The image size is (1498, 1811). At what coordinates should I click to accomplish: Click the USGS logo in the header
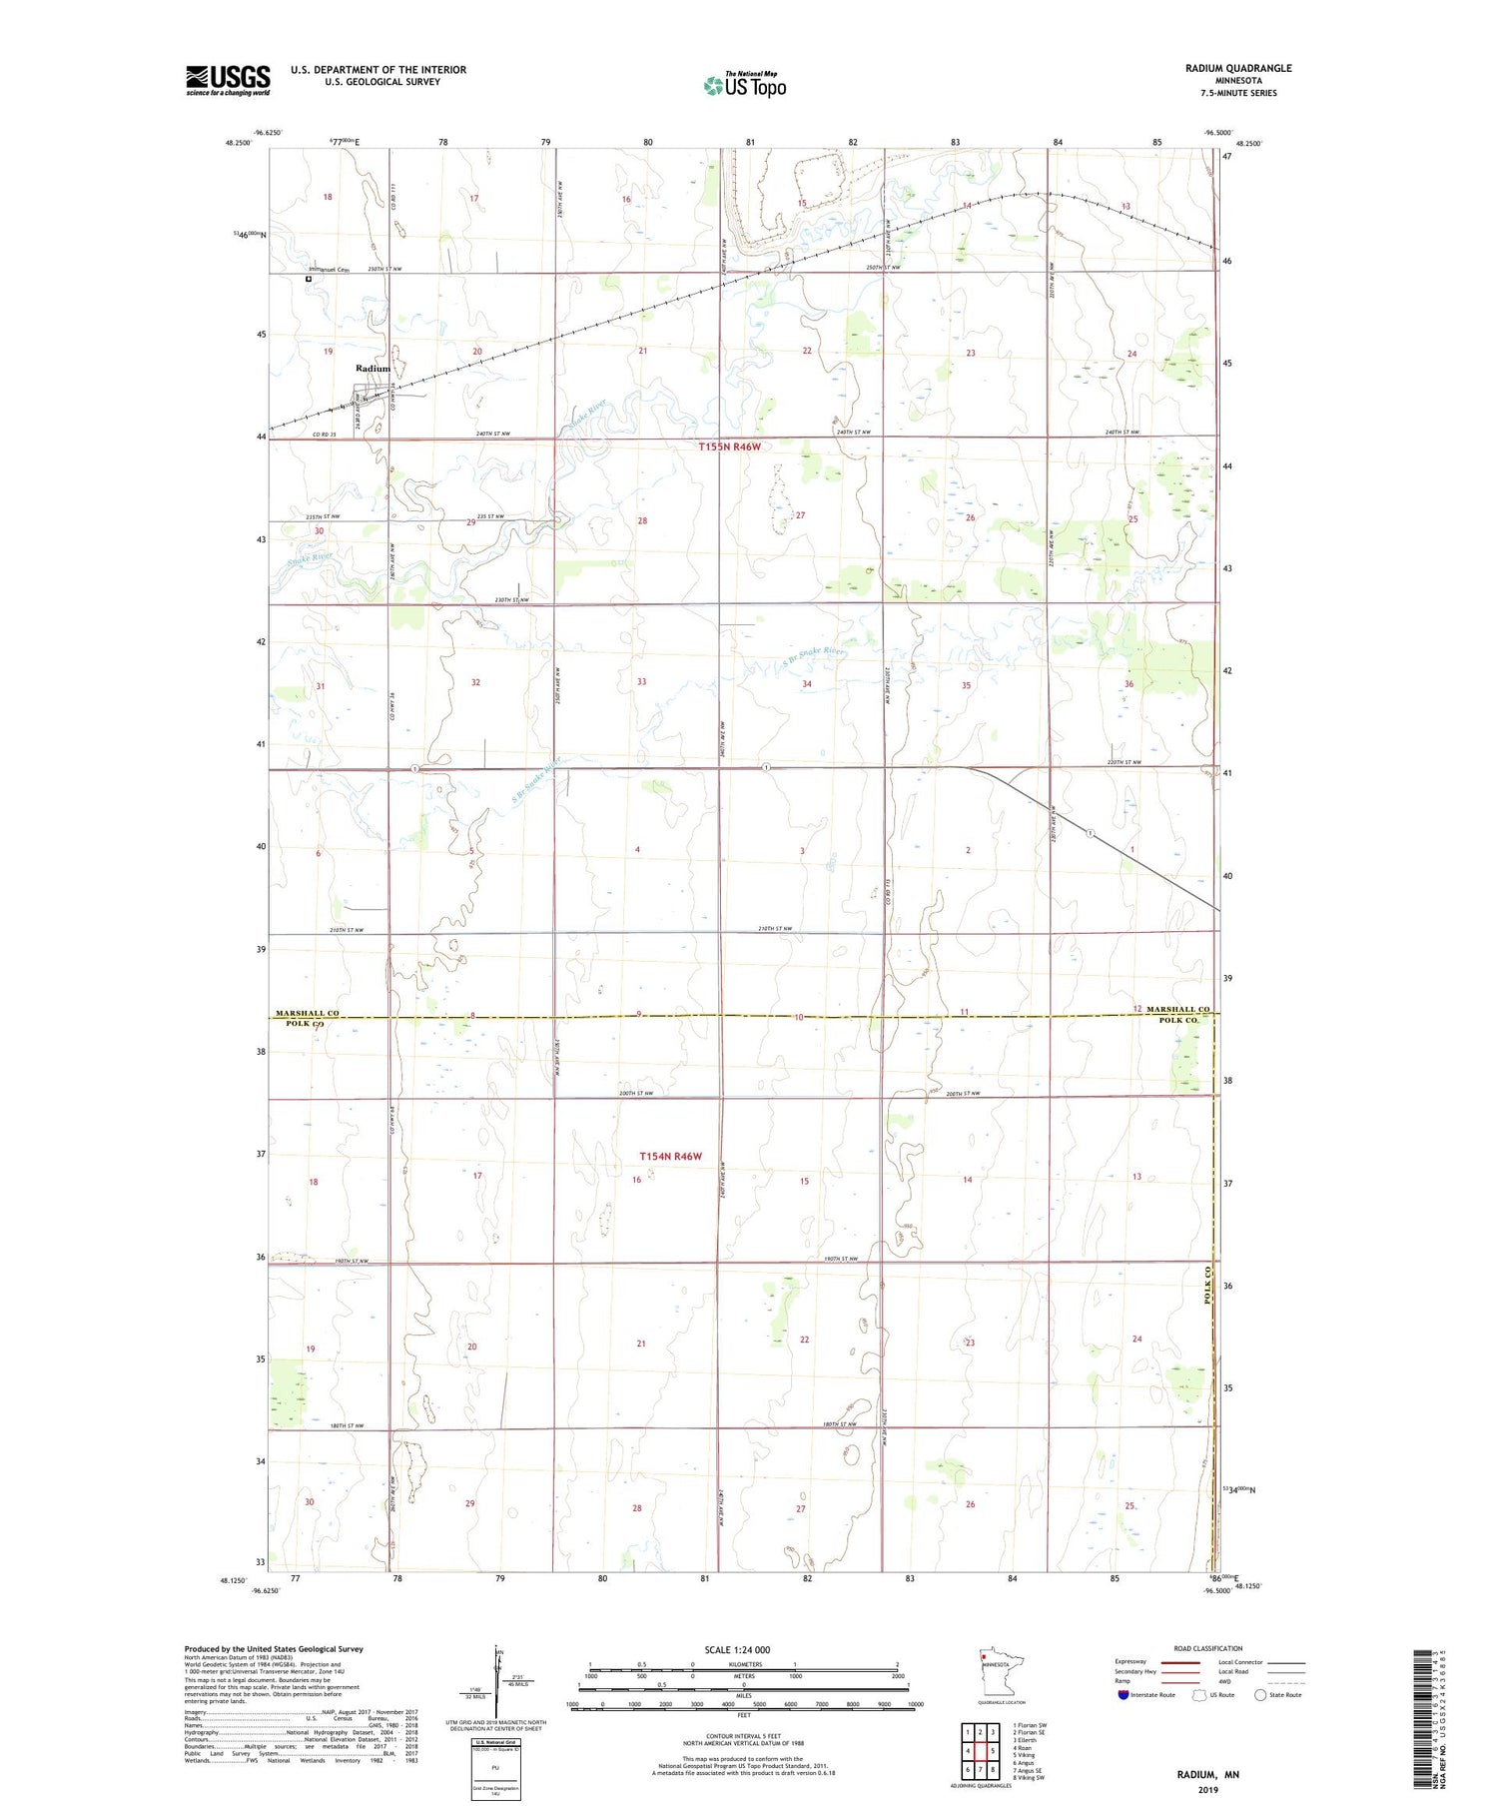(228, 80)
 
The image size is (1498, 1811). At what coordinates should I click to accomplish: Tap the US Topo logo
(744, 85)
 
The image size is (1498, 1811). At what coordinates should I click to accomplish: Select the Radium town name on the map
(374, 369)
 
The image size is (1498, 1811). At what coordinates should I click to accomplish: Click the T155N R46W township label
(730, 447)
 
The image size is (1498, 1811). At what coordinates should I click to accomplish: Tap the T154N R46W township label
(670, 1156)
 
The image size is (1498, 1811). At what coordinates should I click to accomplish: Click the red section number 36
(1128, 684)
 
